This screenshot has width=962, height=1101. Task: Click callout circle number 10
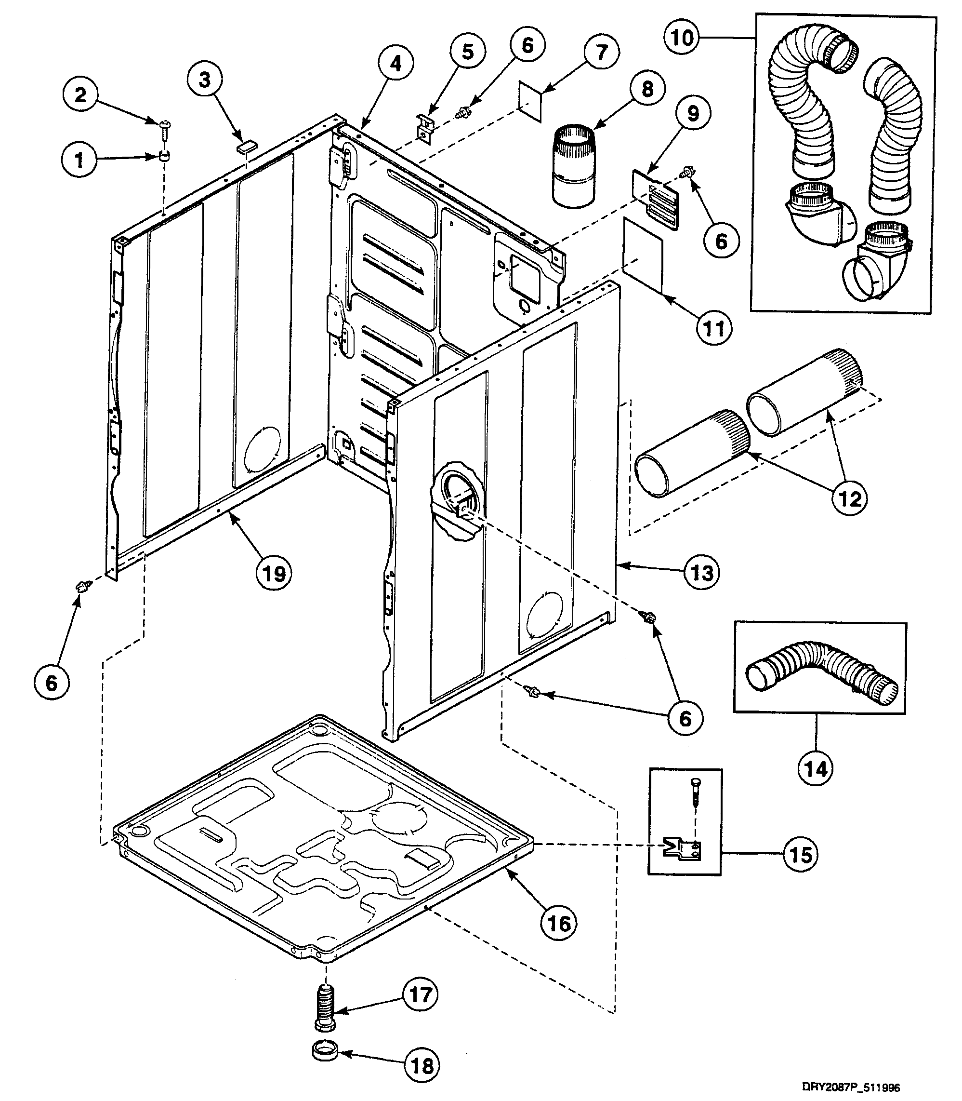[x=682, y=38]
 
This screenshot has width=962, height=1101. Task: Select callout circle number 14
[x=816, y=769]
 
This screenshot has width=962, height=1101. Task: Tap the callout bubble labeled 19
[x=274, y=574]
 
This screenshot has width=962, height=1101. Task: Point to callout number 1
[x=79, y=160]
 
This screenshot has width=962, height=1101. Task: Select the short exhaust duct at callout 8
[x=574, y=166]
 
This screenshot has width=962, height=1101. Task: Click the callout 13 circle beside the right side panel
[x=702, y=573]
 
